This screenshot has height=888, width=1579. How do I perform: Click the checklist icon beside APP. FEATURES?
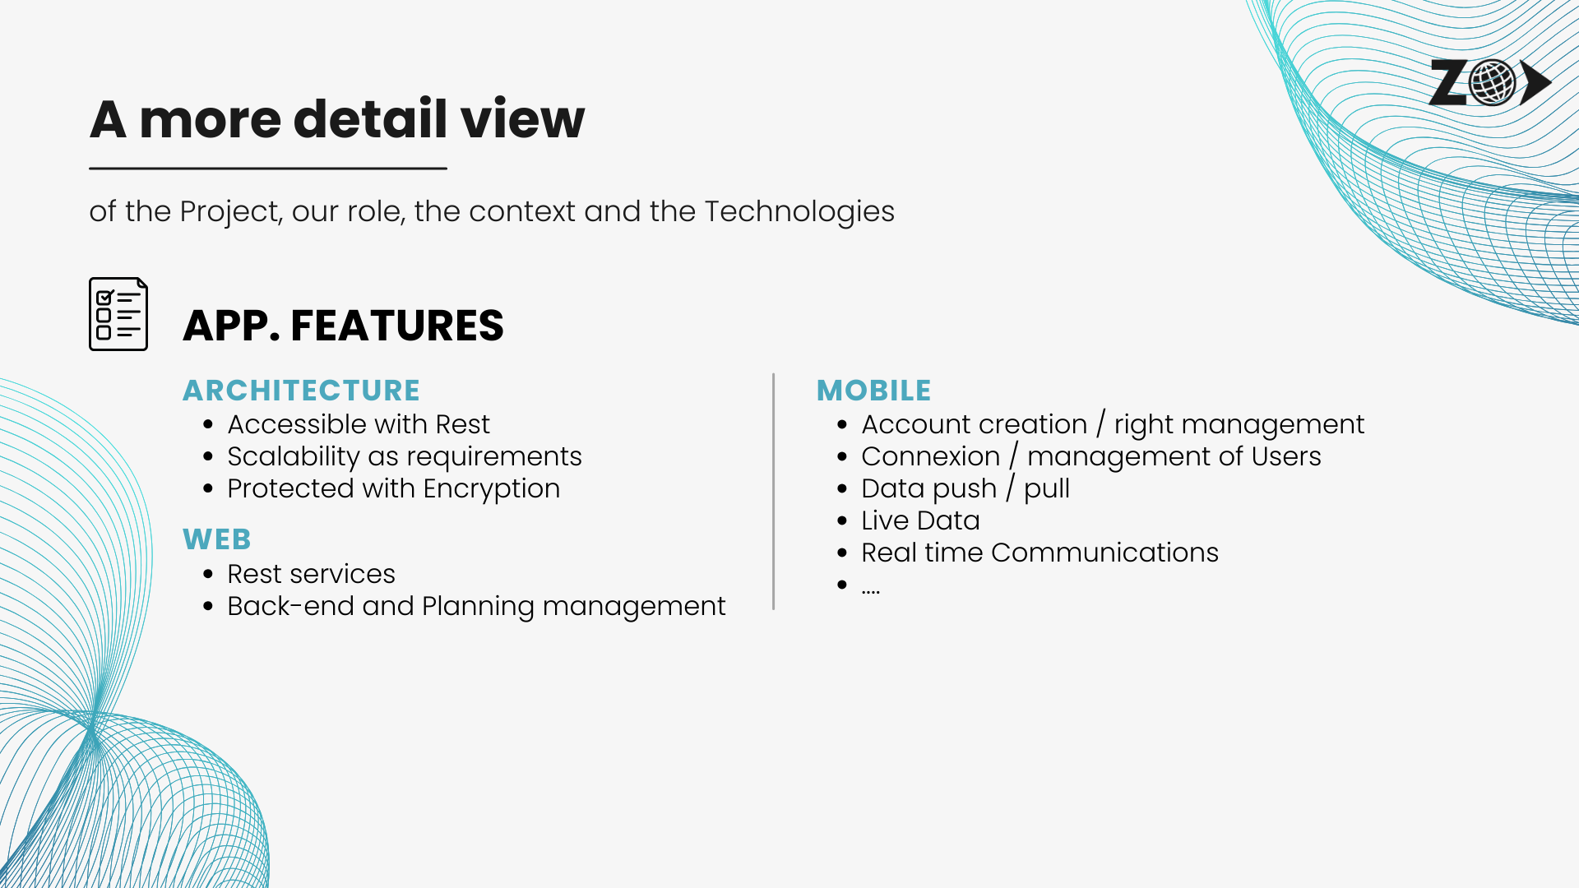point(118,314)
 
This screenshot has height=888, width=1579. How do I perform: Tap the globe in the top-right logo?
point(1492,82)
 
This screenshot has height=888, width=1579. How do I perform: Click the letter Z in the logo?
point(1449,82)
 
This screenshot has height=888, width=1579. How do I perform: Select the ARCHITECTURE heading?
point(301,390)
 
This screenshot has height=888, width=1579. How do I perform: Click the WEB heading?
point(217,539)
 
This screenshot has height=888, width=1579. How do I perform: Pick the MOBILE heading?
point(873,390)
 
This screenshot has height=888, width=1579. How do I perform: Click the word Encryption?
point(492,489)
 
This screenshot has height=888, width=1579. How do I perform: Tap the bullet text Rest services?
point(311,574)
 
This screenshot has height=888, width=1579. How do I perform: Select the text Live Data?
point(920,520)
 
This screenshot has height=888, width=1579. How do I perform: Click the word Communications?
point(1104,553)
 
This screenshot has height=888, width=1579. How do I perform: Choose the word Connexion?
point(930,456)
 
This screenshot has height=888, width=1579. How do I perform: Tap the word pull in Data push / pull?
point(1046,489)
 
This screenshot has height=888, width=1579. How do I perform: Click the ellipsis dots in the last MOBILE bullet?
point(871,591)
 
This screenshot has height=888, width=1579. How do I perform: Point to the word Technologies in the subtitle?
point(799,212)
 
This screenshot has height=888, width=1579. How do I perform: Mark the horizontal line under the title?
point(268,169)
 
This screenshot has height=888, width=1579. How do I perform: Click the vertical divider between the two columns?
point(773,492)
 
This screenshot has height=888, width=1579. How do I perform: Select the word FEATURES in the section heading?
point(397,326)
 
